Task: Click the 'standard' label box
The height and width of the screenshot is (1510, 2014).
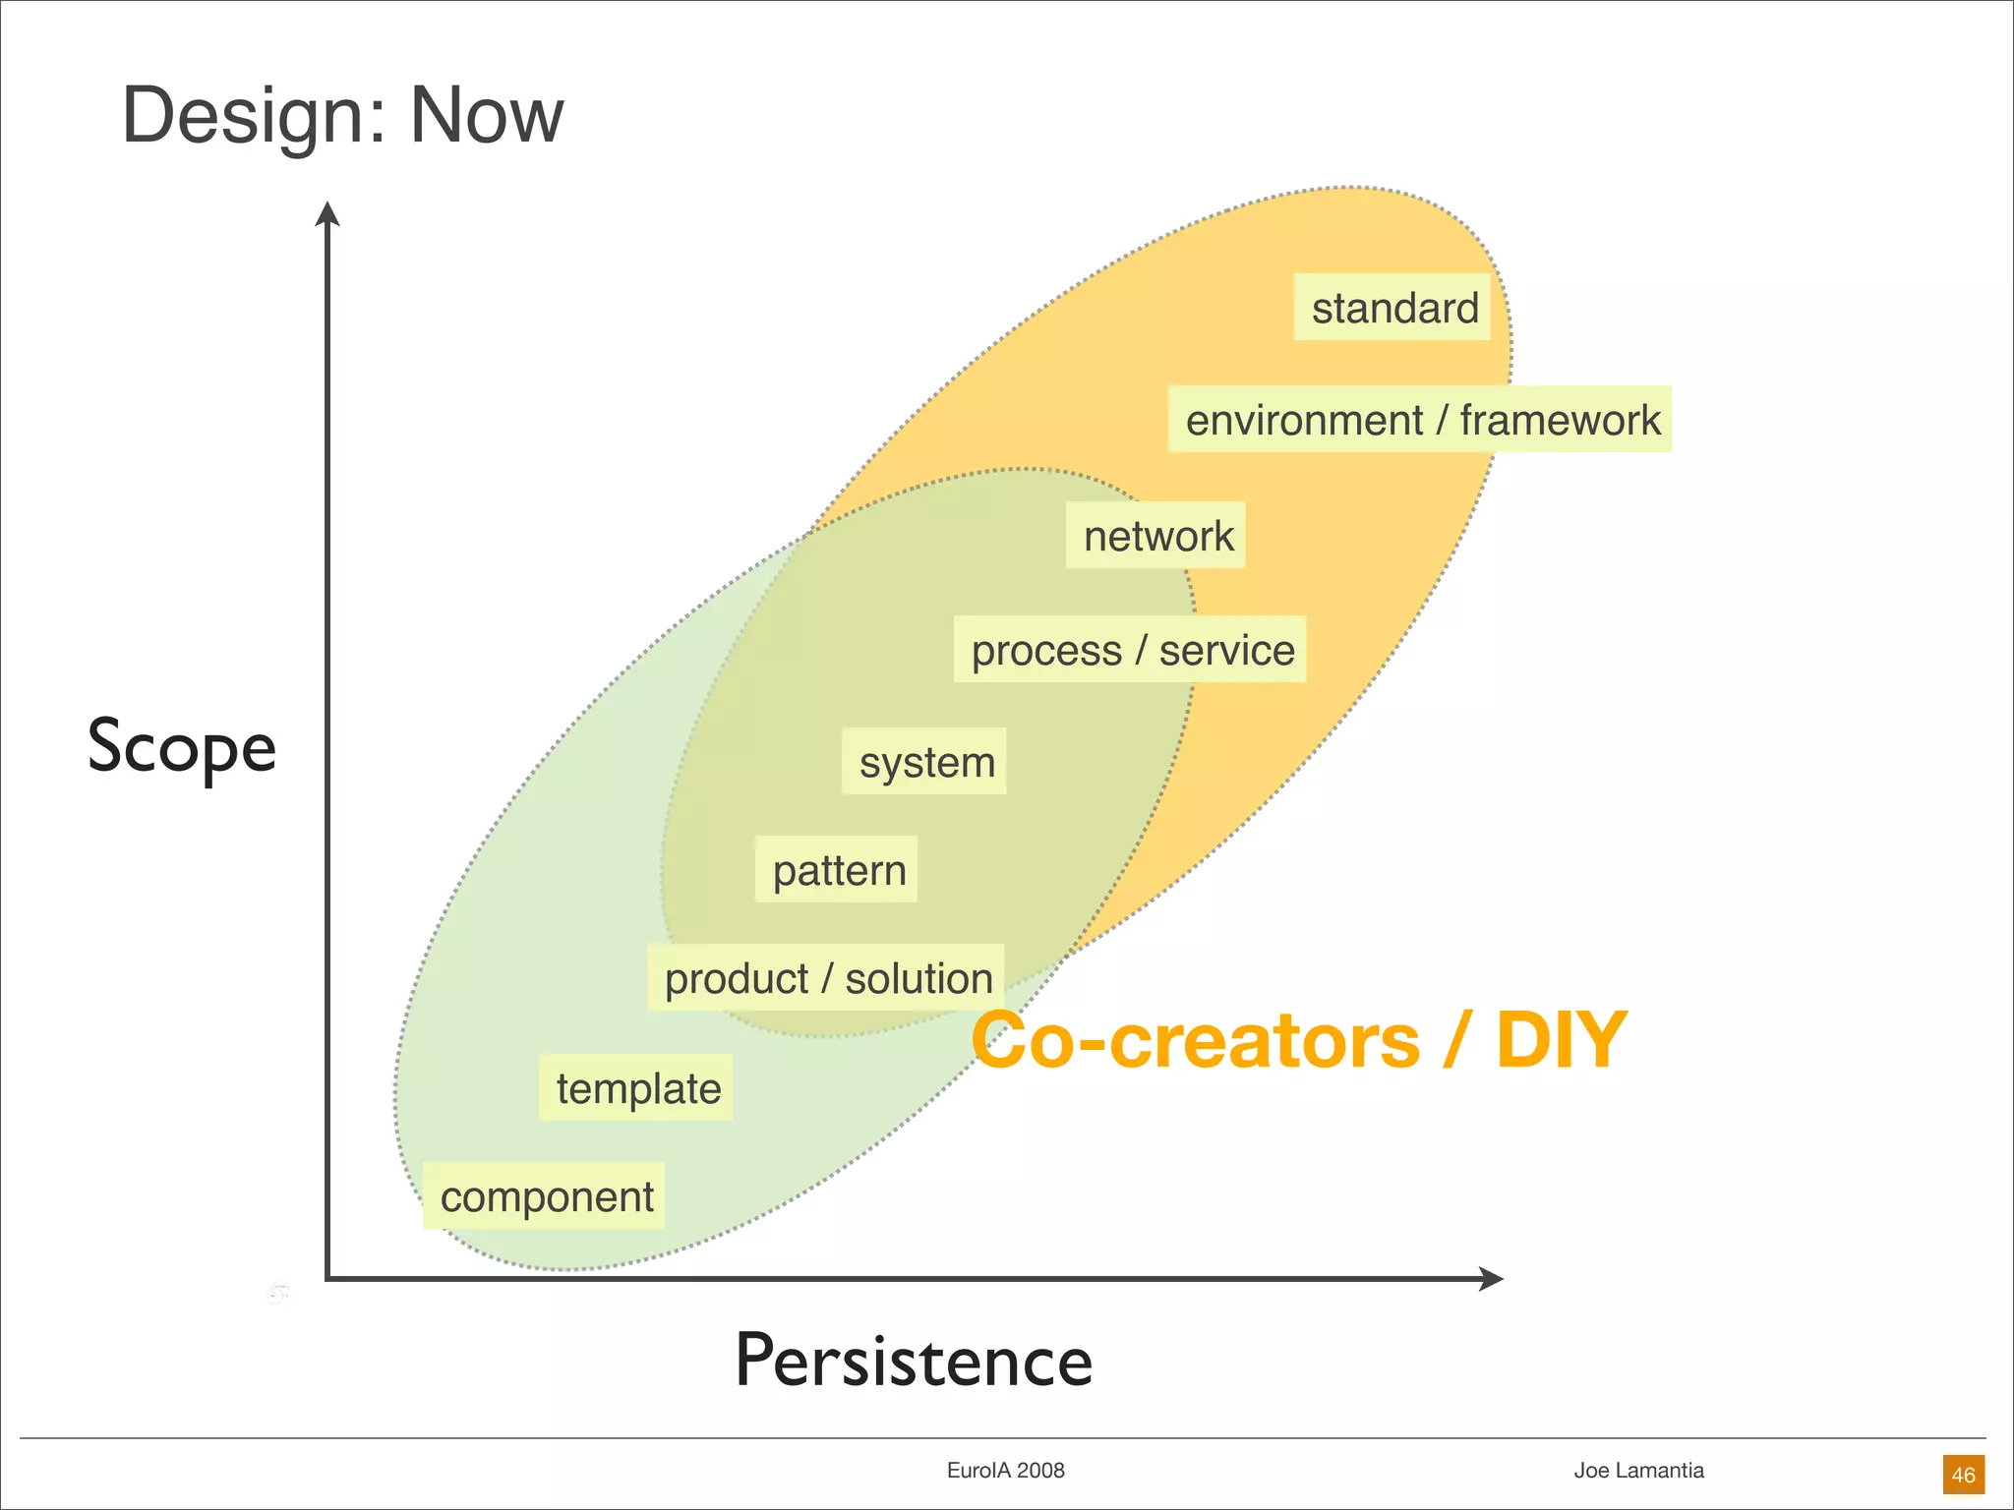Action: [1392, 308]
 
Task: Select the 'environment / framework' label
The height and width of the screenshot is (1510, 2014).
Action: [1420, 420]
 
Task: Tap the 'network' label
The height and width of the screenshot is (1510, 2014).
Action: [1156, 536]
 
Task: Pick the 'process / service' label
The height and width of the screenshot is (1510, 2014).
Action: [1131, 650]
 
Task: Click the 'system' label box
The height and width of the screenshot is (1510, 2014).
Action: [925, 762]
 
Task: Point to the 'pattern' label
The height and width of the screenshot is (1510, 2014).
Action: [837, 870]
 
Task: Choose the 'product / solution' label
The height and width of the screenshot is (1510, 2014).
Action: [827, 978]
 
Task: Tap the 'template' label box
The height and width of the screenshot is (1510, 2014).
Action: [637, 1088]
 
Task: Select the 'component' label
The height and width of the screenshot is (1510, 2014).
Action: [545, 1196]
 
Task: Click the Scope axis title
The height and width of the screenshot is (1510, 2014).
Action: [182, 747]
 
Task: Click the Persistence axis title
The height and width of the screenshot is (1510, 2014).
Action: [914, 1362]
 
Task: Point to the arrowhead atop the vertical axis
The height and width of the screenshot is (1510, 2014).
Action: [327, 213]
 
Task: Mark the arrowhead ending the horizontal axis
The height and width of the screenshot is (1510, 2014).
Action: [1492, 1278]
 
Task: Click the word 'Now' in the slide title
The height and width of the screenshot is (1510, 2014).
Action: [487, 115]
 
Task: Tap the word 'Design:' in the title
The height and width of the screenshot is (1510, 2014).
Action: [255, 115]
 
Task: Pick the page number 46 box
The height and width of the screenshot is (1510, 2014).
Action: [1963, 1475]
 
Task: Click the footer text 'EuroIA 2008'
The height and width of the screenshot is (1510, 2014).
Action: [1005, 1471]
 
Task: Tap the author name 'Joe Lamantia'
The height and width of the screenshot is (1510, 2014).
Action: [1638, 1471]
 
